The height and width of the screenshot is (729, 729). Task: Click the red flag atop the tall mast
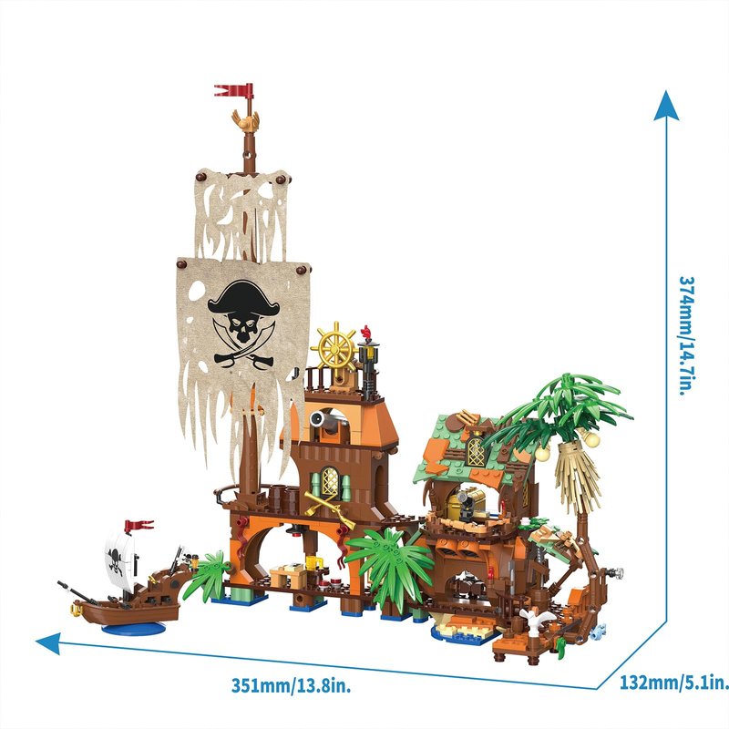point(235,90)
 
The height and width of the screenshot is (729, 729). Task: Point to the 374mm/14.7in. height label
point(688,335)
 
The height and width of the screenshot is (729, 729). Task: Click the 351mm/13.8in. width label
point(291,686)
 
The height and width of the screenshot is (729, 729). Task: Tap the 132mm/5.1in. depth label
point(674,683)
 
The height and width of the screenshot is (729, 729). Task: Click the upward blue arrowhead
point(666,106)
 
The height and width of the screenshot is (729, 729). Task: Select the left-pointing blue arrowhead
point(48,643)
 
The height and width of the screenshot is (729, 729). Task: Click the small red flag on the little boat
point(139,526)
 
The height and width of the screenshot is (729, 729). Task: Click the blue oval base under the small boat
point(134,629)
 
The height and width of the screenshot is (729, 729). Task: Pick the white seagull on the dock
point(535,619)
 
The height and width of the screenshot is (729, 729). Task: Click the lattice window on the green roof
point(477,450)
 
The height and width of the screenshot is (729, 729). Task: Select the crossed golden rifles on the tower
point(329,509)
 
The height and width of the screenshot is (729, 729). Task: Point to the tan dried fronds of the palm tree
point(577,473)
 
